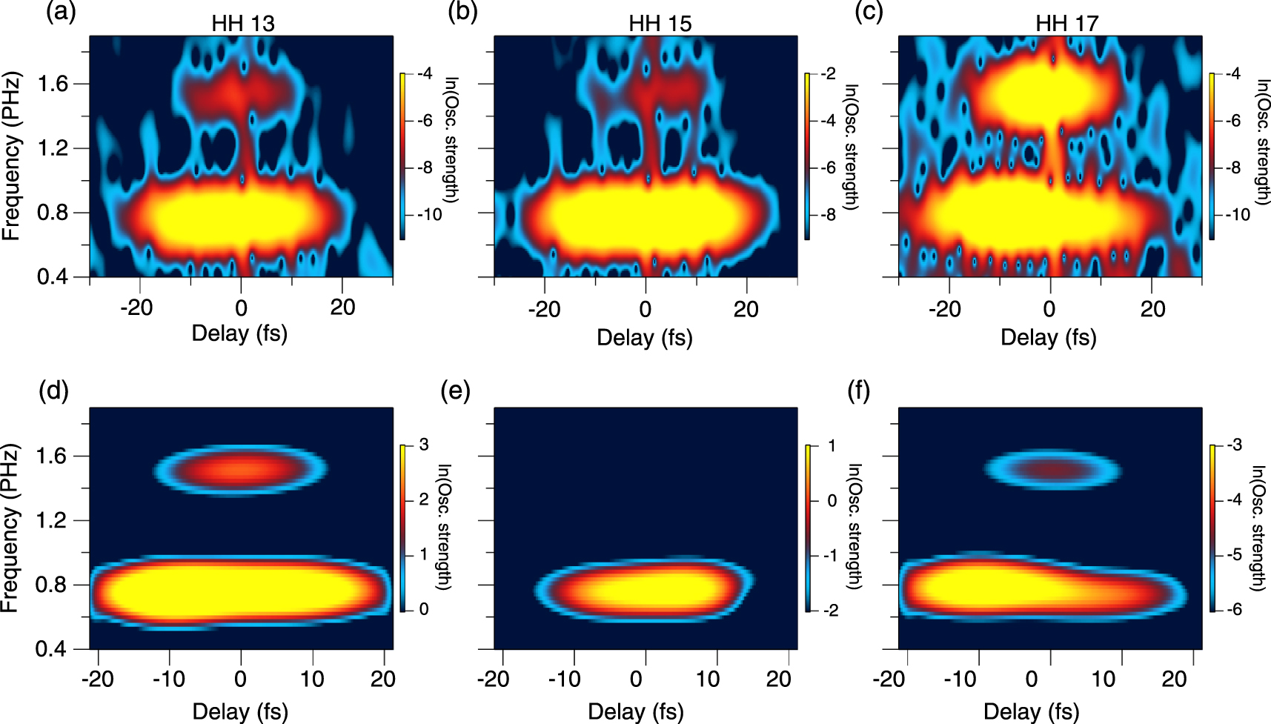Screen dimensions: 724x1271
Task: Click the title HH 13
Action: [x=242, y=24]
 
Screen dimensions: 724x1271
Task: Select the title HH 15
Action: [x=660, y=24]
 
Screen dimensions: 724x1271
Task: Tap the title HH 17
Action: [x=1066, y=24]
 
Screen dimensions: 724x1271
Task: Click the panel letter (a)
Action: [x=61, y=12]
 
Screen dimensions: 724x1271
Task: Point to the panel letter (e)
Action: [x=455, y=390]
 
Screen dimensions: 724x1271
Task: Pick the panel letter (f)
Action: [x=858, y=390]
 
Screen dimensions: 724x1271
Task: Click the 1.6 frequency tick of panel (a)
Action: [x=53, y=84]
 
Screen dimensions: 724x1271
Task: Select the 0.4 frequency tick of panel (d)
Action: [x=51, y=649]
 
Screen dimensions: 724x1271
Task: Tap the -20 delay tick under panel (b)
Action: [x=544, y=309]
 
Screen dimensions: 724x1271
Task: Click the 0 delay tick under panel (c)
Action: [x=1049, y=309]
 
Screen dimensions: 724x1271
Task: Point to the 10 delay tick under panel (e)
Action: [x=708, y=679]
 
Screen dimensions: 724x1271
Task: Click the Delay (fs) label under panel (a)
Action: [x=239, y=333]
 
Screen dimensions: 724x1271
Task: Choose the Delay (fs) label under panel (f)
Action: [x=1031, y=712]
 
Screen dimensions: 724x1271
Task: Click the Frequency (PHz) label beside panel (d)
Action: [x=10, y=528]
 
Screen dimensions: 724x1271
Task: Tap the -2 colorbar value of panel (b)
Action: [x=828, y=73]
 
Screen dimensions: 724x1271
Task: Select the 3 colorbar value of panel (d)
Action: [x=424, y=445]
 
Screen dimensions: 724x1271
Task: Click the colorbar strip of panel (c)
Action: [x=1212, y=156]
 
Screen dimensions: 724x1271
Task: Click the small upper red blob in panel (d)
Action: [x=241, y=469]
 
